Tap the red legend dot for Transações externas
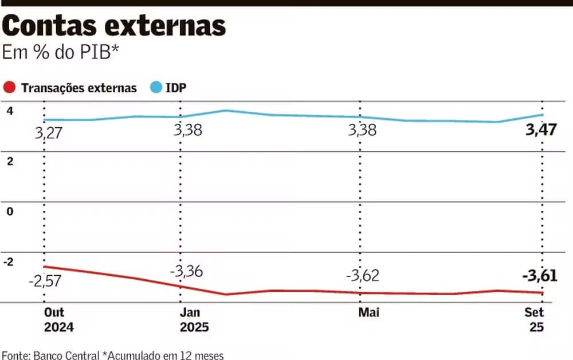click(9, 88)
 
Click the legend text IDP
click(176, 88)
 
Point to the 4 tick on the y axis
click(9, 111)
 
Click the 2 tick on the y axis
click(9, 161)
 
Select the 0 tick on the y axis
click(9, 211)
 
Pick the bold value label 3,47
click(541, 130)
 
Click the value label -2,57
click(45, 281)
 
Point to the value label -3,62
click(362, 276)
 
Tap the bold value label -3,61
click(539, 276)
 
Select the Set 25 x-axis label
click(534, 320)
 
